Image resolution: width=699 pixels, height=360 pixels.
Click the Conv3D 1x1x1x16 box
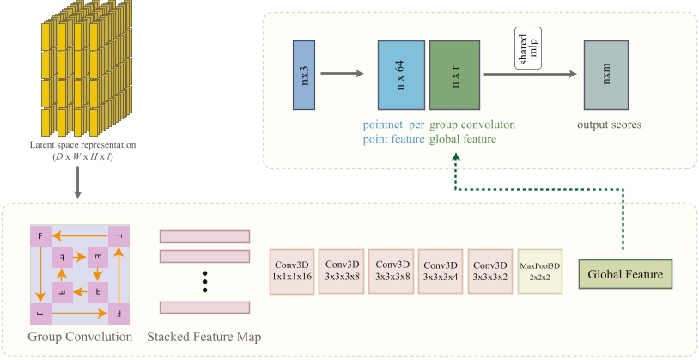[293, 272]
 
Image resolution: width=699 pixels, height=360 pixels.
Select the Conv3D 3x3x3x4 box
[441, 272]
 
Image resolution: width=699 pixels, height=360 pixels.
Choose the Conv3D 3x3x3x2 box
[490, 272]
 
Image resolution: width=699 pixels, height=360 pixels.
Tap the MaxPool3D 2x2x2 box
[540, 272]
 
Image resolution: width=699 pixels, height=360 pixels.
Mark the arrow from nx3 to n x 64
[343, 75]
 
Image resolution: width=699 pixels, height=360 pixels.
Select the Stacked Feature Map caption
[204, 336]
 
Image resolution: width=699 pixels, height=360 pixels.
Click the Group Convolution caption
[79, 336]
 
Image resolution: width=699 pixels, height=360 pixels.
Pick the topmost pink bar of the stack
[204, 236]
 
